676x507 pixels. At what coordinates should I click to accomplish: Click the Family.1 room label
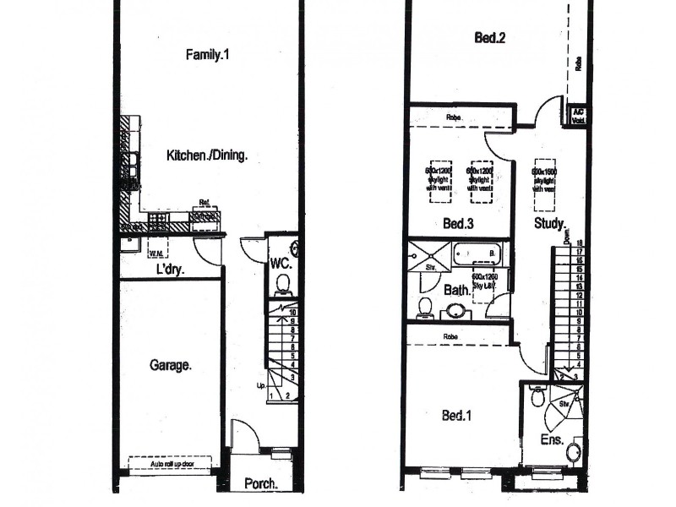coord(208,55)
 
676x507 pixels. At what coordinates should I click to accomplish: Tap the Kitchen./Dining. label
coord(207,155)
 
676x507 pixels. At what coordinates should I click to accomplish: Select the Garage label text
coord(172,366)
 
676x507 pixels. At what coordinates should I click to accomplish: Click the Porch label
coord(261,484)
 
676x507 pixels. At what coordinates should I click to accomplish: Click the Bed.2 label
coord(490,38)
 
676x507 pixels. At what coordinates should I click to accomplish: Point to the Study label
coord(549,224)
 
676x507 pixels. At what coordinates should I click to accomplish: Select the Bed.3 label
coord(458,225)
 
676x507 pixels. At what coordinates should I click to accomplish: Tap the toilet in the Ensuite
coord(537,394)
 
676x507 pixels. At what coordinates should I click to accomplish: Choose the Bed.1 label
coord(458,416)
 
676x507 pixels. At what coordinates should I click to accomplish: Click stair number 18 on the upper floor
coord(579,243)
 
